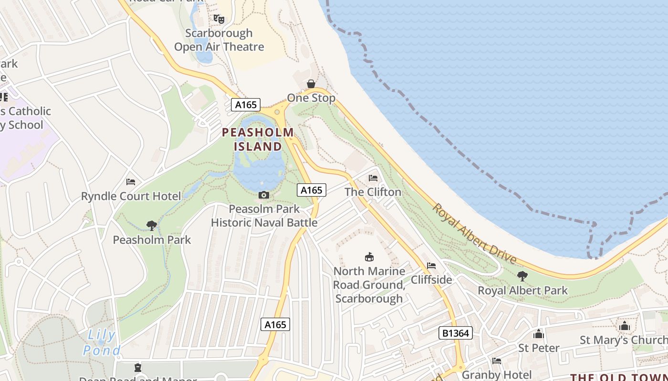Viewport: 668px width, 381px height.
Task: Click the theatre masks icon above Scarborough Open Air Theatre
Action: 219,19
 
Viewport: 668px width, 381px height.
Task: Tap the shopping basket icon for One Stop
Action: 311,84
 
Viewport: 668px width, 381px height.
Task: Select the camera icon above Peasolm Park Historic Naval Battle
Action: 263,195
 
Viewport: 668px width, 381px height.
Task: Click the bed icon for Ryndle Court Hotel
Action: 131,182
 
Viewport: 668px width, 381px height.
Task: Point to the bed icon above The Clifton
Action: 373,178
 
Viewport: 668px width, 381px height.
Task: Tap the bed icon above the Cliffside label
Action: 431,266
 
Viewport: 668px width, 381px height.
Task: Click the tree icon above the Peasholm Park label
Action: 152,225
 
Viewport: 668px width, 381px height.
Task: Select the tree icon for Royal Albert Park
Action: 522,276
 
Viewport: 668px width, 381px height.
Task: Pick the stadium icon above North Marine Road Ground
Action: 369,257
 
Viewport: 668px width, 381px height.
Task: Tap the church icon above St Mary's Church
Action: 625,326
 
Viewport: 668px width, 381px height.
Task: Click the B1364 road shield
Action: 455,333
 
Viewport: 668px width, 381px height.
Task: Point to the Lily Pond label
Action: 102,343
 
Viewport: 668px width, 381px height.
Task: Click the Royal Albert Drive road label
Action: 475,234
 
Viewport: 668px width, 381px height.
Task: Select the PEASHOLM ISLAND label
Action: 258,139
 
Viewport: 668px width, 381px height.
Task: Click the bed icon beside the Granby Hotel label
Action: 497,361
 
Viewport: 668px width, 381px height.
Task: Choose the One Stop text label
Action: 311,98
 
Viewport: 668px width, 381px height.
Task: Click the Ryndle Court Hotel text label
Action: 131,196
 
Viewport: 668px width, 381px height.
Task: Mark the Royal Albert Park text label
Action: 523,291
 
